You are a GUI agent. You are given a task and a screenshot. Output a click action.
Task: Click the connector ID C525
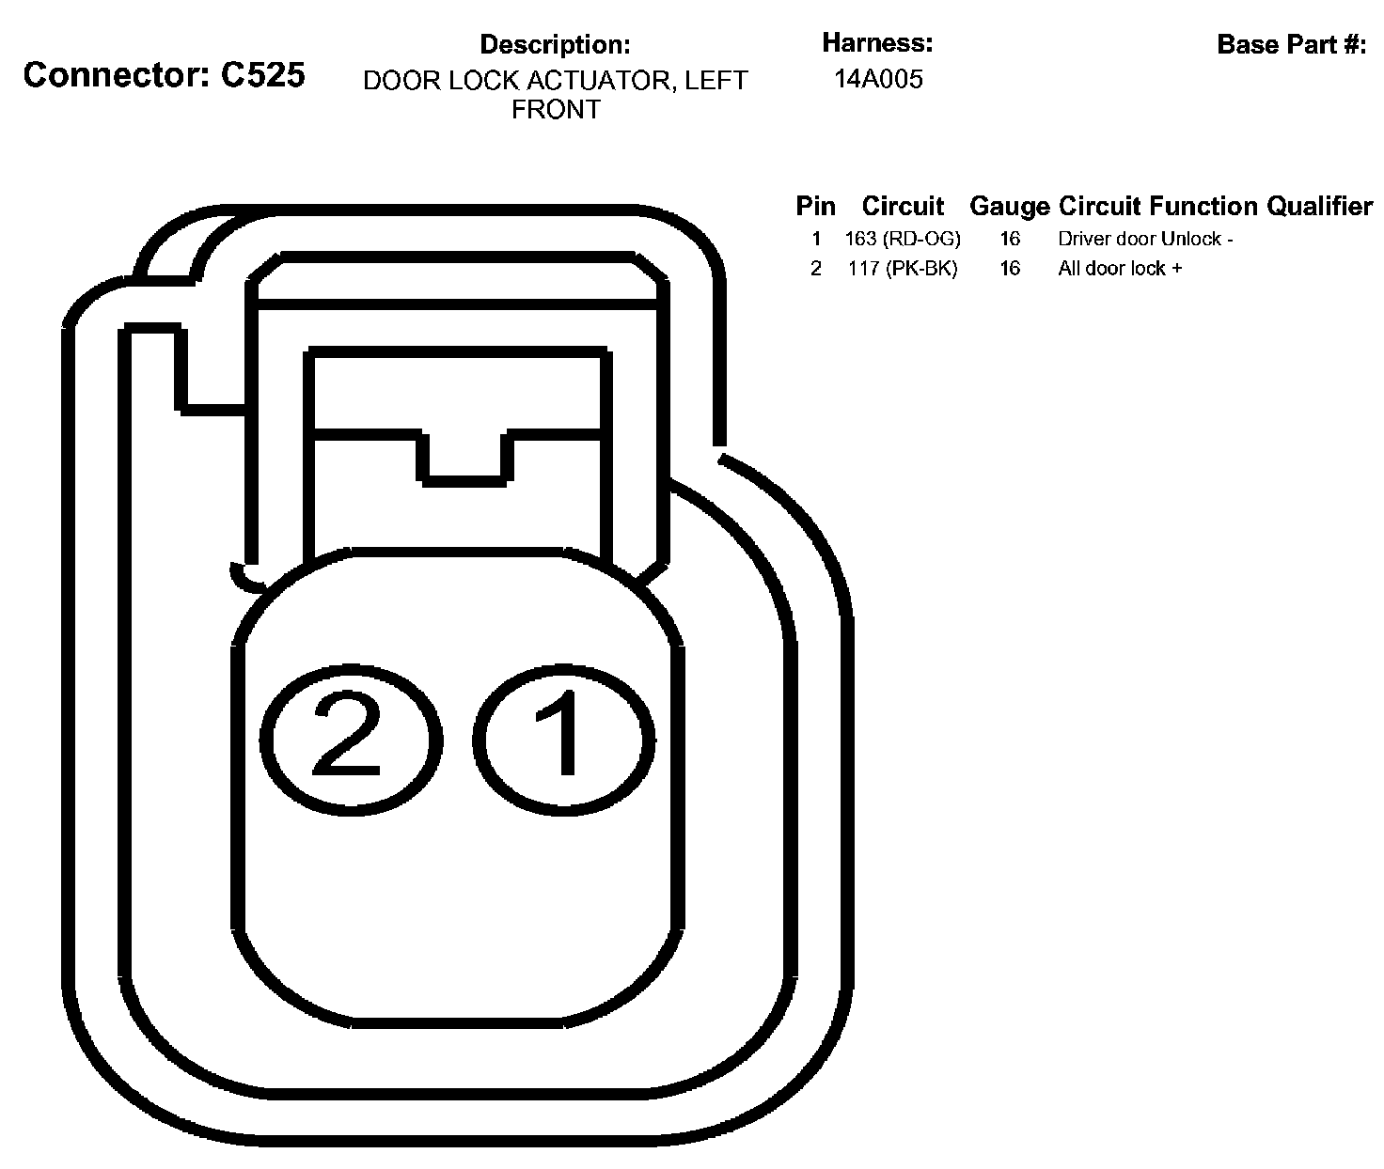point(262,75)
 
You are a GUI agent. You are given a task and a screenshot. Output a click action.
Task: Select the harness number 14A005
point(878,79)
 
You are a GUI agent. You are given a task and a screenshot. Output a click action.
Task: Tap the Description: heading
point(555,44)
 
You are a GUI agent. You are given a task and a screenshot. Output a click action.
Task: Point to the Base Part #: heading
point(1291,44)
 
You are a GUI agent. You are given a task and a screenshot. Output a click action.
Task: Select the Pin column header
point(815,206)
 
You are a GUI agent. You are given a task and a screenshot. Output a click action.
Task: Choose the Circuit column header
point(903,206)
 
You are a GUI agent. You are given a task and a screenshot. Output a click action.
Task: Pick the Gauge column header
point(1010,206)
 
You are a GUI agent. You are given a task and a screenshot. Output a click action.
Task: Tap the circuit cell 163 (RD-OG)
point(903,239)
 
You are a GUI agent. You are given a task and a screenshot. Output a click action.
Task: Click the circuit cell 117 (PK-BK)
point(903,269)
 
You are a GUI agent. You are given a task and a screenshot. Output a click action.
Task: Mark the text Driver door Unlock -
point(1145,239)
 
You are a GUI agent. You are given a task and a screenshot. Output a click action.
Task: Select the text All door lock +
point(1120,269)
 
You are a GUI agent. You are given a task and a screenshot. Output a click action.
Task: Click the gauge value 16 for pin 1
point(1010,239)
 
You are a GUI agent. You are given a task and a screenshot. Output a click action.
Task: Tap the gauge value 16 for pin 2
point(1010,269)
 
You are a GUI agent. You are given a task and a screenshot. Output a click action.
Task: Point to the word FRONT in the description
point(555,110)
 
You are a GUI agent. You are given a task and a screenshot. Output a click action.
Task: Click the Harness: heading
point(877,42)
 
